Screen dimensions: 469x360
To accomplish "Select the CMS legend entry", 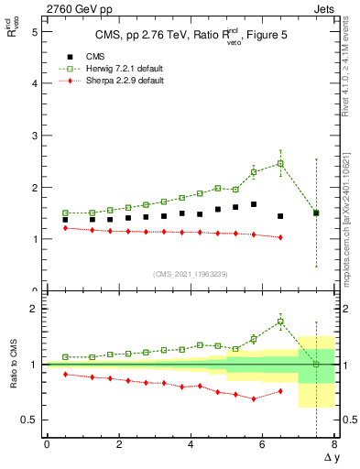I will click(x=88, y=56).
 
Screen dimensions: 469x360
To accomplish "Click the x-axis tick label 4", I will click(x=191, y=445).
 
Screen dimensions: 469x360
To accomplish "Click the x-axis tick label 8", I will click(x=334, y=445).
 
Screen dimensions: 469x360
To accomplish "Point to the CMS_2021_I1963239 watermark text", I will click(x=190, y=274).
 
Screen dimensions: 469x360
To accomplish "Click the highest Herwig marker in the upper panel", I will click(x=280, y=163).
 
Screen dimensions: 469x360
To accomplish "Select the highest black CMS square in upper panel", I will click(x=254, y=204).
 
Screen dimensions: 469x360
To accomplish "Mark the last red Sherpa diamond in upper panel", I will click(x=280, y=237).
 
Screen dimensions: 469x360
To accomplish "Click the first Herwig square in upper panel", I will click(x=65, y=213).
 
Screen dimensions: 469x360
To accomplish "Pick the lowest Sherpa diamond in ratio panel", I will click(x=254, y=398).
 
